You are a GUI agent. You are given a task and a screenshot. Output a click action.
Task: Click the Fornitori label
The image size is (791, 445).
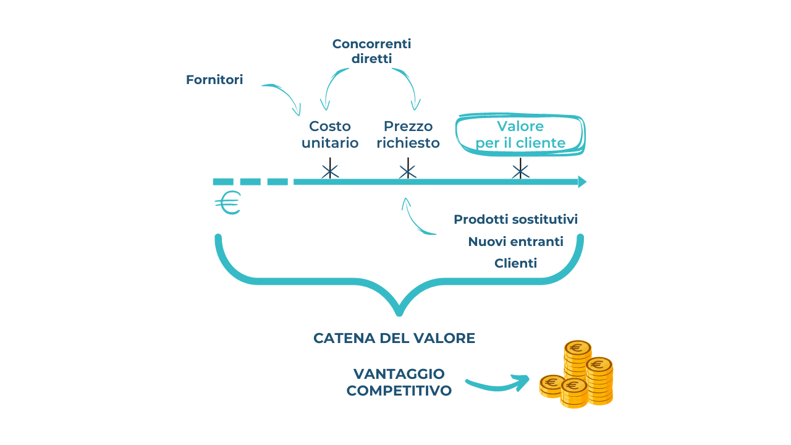(x=214, y=80)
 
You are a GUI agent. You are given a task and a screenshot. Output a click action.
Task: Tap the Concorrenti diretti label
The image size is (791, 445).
(x=371, y=51)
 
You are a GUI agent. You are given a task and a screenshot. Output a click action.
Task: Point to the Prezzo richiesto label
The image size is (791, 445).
(x=408, y=135)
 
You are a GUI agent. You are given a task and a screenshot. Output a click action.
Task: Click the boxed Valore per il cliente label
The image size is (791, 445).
(x=520, y=135)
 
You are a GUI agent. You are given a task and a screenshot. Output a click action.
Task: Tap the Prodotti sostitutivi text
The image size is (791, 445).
(x=515, y=219)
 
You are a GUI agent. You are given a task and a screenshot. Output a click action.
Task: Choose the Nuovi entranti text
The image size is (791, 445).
(x=515, y=242)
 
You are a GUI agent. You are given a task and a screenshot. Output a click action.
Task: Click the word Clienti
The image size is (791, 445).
(x=515, y=263)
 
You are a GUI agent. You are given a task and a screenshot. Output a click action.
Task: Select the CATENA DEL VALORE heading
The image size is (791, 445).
(x=394, y=339)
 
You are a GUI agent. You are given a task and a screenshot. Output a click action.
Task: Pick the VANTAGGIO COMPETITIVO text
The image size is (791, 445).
(x=399, y=383)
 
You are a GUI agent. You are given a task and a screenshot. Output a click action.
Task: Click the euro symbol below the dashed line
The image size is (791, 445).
(x=228, y=203)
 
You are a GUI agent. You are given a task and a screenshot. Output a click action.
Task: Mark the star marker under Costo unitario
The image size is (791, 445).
(x=330, y=169)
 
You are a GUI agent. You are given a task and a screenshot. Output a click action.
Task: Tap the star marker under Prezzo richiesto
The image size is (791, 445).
(x=407, y=169)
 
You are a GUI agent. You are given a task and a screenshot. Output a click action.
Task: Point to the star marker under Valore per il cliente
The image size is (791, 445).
(x=520, y=169)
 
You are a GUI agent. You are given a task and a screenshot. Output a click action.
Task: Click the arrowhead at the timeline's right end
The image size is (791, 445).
(x=582, y=182)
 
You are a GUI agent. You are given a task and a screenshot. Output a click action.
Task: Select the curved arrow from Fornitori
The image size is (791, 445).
(x=284, y=95)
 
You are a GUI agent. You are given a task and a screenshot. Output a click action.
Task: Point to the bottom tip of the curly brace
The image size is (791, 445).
(x=399, y=311)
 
